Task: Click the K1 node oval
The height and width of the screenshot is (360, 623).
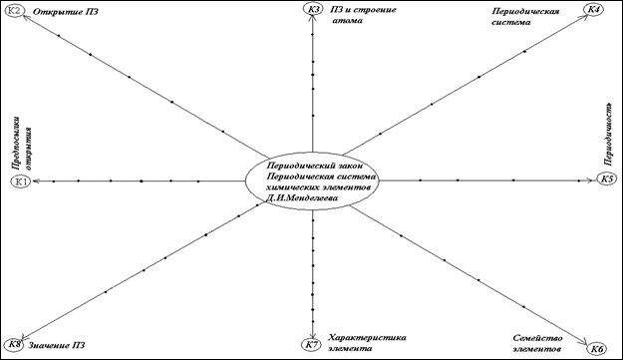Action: pos(21,181)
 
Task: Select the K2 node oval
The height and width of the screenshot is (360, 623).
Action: pos(14,11)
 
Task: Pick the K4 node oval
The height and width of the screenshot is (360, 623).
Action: pos(593,9)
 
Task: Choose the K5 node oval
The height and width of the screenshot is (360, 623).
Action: pos(607,179)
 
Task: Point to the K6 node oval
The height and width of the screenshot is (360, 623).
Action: pos(597,349)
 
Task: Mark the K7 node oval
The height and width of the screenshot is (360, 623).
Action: pos(311,345)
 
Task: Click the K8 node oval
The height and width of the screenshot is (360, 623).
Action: pos(15,345)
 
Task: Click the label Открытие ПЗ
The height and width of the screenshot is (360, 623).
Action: pos(66,12)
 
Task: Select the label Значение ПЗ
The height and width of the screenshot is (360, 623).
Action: pos(57,345)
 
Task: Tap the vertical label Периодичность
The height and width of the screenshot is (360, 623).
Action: pos(608,134)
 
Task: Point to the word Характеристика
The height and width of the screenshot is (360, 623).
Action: pos(367,337)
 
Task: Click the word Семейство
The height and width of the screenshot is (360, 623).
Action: pos(537,338)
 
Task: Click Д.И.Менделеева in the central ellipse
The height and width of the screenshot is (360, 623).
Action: pos(302,197)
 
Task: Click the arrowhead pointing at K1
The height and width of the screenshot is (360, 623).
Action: pos(36,181)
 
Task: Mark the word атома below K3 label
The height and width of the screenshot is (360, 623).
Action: pos(347,20)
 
